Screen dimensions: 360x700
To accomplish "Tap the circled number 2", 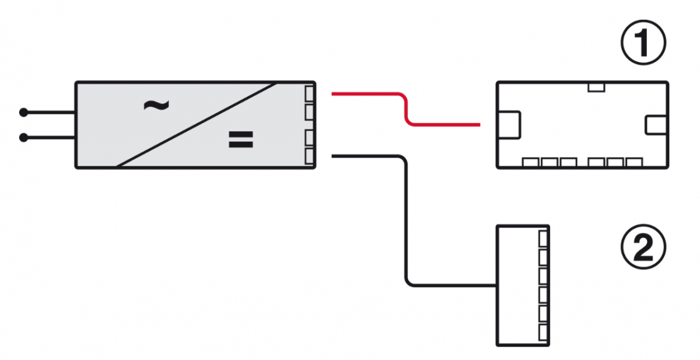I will click(642, 249).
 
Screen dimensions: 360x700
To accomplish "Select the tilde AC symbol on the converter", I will click(156, 105).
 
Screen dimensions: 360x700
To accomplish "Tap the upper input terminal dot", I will click(23, 111).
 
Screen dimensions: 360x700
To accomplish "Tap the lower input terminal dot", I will click(23, 138).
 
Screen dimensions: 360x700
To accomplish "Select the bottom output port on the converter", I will click(310, 156).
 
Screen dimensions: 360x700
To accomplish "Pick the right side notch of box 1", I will click(656, 124).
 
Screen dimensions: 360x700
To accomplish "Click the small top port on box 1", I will click(596, 87).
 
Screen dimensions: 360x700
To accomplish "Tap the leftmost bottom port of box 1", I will click(531, 163).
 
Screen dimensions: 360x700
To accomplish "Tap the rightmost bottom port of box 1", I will click(633, 163).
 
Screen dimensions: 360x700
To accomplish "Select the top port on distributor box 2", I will click(544, 237).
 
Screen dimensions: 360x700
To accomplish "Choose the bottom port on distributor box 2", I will click(544, 333).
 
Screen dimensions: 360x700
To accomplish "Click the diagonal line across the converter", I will click(195, 124).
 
